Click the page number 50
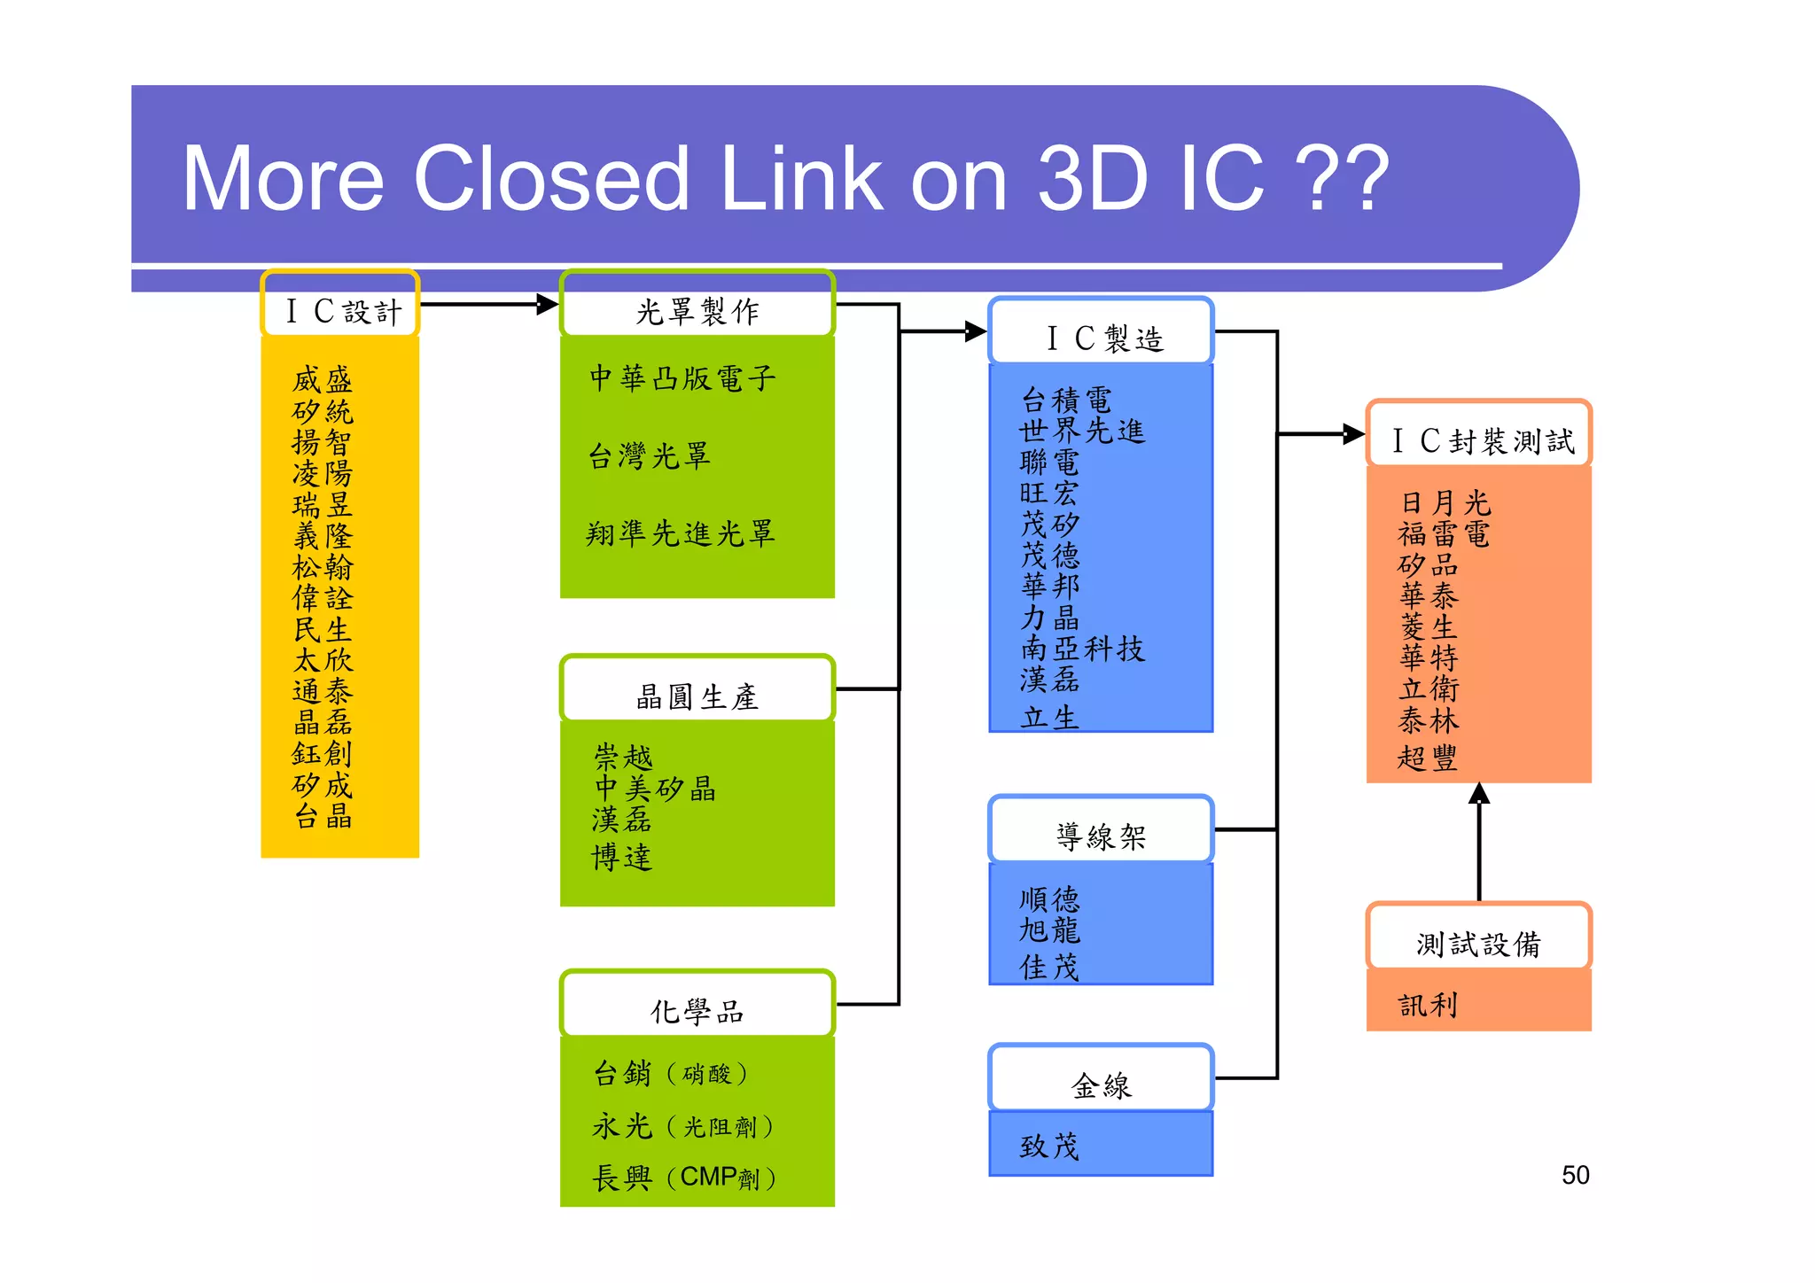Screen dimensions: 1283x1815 pyautogui.click(x=1575, y=1175)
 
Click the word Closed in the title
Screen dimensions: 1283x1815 pyautogui.click(x=550, y=179)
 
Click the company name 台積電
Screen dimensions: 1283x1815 pyautogui.click(x=1066, y=400)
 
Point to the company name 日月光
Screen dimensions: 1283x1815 pyautogui.click(x=1445, y=502)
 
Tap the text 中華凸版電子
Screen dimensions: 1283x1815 pyautogui.click(x=682, y=378)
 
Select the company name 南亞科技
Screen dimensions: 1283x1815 pyautogui.click(x=1082, y=649)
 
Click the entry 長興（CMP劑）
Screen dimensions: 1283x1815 pyautogui.click(x=684, y=1178)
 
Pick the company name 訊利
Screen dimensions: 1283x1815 pyautogui.click(x=1428, y=1004)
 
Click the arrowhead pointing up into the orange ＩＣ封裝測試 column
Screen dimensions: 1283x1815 pyautogui.click(x=1479, y=793)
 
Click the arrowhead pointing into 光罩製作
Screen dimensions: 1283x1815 pyautogui.click(x=548, y=305)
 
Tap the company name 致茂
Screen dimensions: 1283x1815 pyautogui.click(x=1049, y=1146)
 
